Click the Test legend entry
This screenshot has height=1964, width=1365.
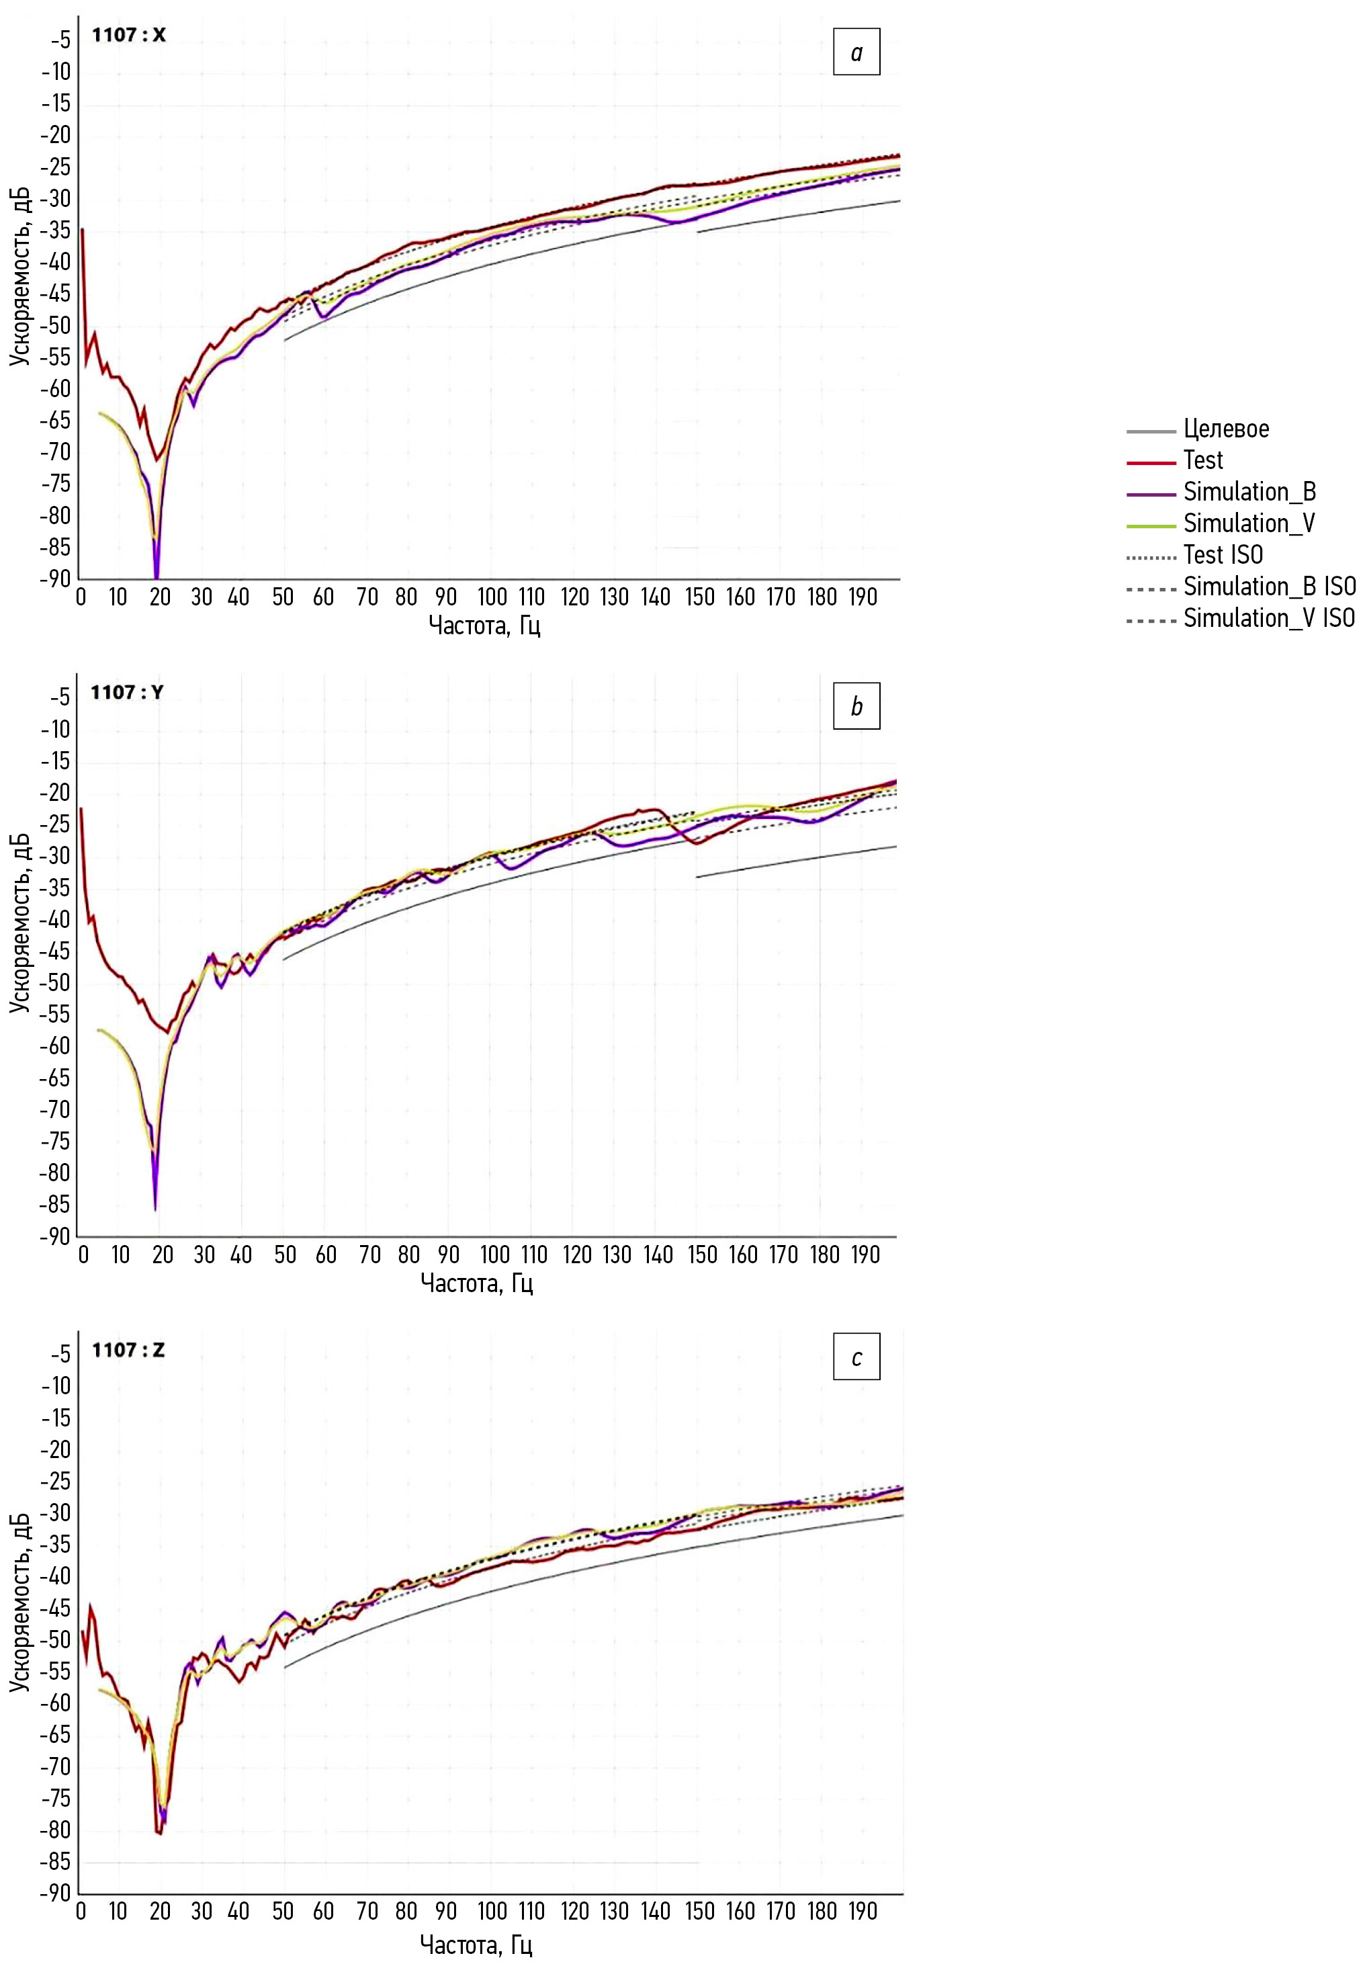(1202, 460)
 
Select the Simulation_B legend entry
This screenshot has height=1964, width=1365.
(1249, 492)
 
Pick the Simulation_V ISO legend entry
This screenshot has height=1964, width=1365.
(1268, 617)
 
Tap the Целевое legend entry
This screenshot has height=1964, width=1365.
(1225, 429)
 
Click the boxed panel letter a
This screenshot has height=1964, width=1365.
(856, 52)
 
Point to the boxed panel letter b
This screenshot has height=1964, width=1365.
(856, 706)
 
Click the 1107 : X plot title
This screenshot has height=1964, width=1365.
(129, 35)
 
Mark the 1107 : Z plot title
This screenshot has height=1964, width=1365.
(128, 1350)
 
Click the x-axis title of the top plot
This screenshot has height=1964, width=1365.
(484, 626)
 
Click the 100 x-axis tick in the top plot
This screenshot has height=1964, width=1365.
(492, 597)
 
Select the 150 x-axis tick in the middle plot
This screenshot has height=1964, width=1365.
(702, 1255)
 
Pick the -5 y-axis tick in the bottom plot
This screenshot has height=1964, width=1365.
(60, 1354)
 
